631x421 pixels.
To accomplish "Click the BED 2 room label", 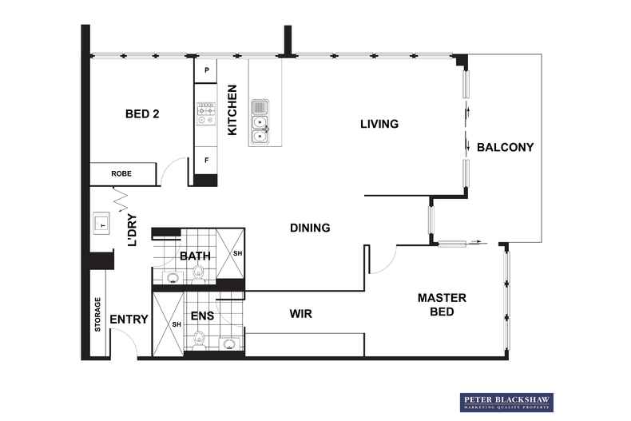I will [142, 114].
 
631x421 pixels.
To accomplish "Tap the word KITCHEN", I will [232, 109].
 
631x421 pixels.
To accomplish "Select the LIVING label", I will [379, 124].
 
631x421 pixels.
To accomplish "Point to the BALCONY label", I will [505, 147].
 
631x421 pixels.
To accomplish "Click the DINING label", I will [310, 228].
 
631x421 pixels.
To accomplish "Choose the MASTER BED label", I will [442, 304].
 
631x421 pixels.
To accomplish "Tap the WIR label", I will [300, 314].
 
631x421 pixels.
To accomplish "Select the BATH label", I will [195, 256].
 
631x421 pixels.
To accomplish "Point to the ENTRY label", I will [129, 320].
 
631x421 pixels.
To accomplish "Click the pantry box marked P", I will [207, 70].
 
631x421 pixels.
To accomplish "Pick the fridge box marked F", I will [207, 160].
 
